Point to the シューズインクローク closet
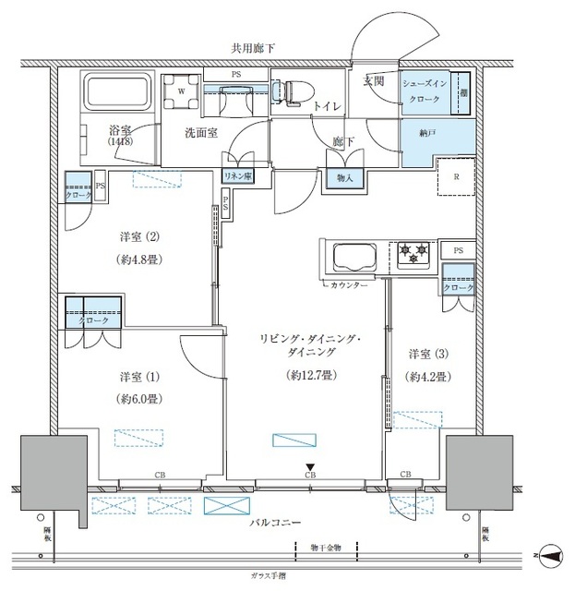tap(425, 90)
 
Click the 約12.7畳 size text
tap(302, 375)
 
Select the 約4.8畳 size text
tap(141, 259)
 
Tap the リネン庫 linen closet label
tap(240, 175)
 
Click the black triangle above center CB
tap(310, 466)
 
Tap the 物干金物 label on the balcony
tap(324, 549)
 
